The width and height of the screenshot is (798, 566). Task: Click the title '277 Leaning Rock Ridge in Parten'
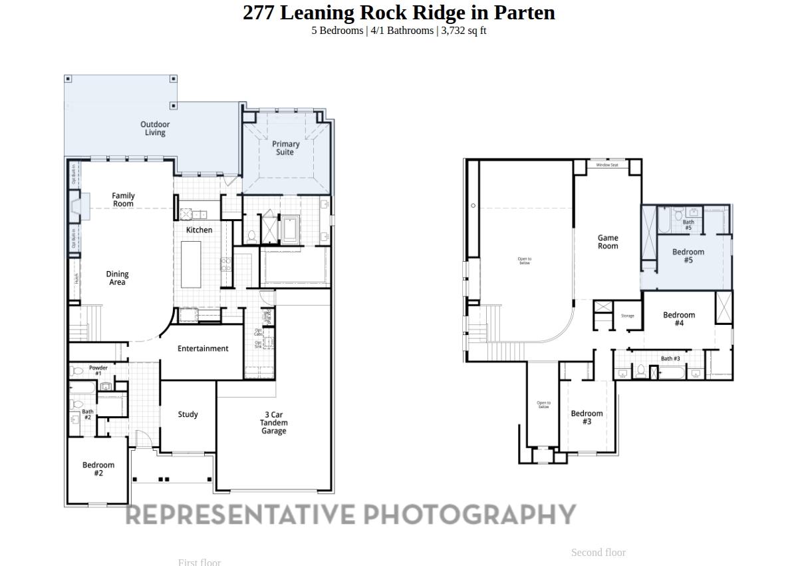pos(398,13)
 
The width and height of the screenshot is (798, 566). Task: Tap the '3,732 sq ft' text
pos(464,31)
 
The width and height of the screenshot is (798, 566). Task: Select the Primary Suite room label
pos(286,148)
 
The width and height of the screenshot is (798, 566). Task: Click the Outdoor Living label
pos(155,129)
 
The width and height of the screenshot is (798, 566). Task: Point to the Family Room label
pos(123,200)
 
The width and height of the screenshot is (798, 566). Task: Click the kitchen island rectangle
pos(191,264)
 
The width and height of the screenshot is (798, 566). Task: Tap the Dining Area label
pos(117,278)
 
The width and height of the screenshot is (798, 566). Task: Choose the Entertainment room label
pos(203,348)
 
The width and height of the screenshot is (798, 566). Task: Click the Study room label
pos(188,414)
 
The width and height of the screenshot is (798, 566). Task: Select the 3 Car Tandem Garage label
pos(273,423)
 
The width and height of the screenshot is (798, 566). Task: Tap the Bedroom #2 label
pos(98,469)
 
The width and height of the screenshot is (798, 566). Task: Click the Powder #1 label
pos(98,370)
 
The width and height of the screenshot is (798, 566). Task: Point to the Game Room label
pos(608,242)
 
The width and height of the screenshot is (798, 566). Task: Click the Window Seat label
pos(607,164)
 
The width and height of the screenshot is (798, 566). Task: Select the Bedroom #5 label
pos(688,256)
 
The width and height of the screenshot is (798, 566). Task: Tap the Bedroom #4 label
pos(679,319)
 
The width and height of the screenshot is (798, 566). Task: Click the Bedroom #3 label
pos(587,418)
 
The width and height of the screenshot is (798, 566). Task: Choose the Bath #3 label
pos(670,358)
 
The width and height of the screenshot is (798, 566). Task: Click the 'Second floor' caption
pos(598,553)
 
